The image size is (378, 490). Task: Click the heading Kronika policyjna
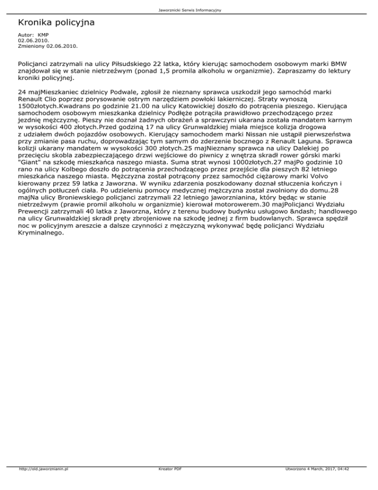click(56, 23)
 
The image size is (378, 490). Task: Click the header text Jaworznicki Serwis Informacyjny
click(189, 10)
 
